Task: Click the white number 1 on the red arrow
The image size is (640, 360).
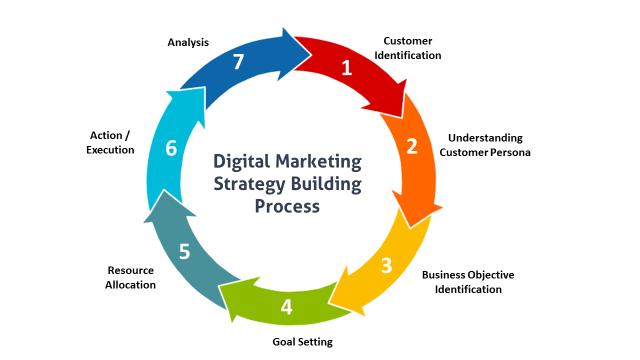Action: [347, 67]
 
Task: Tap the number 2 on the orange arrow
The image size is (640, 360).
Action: [412, 146]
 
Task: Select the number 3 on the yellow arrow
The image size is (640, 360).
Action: [386, 265]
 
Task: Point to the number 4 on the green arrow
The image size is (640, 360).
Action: [286, 307]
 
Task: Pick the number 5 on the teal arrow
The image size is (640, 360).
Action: [184, 251]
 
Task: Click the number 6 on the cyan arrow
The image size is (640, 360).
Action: [171, 148]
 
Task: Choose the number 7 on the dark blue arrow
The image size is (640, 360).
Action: [238, 61]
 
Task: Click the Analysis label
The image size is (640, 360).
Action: [188, 42]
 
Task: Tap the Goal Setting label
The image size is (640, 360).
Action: [302, 342]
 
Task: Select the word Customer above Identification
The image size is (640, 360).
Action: [407, 41]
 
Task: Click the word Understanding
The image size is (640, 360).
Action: [485, 138]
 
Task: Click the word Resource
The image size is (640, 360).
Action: [131, 270]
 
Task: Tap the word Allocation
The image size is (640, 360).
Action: [130, 285]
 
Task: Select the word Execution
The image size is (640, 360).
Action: [110, 149]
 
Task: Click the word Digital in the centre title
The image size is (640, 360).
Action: [241, 162]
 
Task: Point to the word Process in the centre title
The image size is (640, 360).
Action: [287, 206]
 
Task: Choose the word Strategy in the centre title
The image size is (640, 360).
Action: [249, 184]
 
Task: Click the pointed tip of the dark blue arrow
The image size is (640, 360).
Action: [311, 54]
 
